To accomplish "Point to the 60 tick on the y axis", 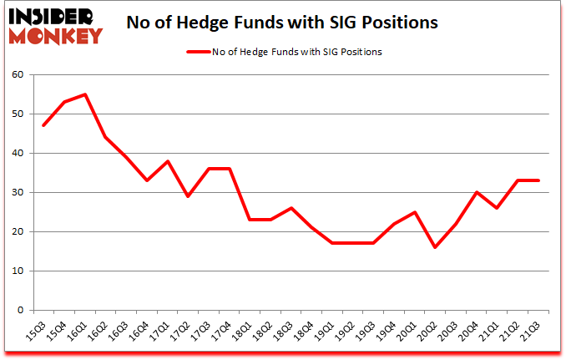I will point(19,74).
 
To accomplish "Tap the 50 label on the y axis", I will point(19,114).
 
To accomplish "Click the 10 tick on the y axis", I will point(19,271).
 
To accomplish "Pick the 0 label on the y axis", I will point(22,310).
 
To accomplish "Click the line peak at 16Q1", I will point(85,94).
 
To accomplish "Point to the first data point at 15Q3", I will point(43,125).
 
